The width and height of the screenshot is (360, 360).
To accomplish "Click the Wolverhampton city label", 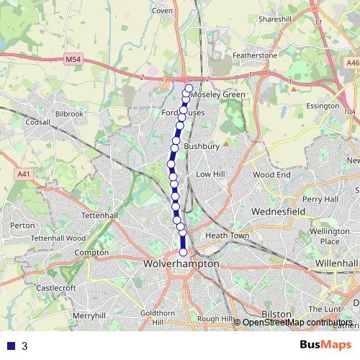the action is pyautogui.click(x=181, y=264).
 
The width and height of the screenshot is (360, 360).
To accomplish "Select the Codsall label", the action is pyautogui.click(x=37, y=122).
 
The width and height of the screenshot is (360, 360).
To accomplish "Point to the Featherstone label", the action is pyautogui.click(x=254, y=55).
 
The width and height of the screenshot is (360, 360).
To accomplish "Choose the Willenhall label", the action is pyautogui.click(x=336, y=264).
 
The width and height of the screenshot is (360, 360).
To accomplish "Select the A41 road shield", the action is pyautogui.click(x=23, y=174).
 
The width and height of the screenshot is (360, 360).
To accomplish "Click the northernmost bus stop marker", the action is pyautogui.click(x=189, y=89).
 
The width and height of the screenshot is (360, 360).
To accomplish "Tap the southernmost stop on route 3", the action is pyautogui.click(x=183, y=252).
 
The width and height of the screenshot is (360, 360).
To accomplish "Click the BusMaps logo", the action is pyautogui.click(x=328, y=346).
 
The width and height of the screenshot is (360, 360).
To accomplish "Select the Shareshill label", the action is pyautogui.click(x=274, y=19).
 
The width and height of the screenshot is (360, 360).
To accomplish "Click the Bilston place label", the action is pyautogui.click(x=276, y=314).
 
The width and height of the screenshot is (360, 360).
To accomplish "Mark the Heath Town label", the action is pyautogui.click(x=227, y=235).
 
